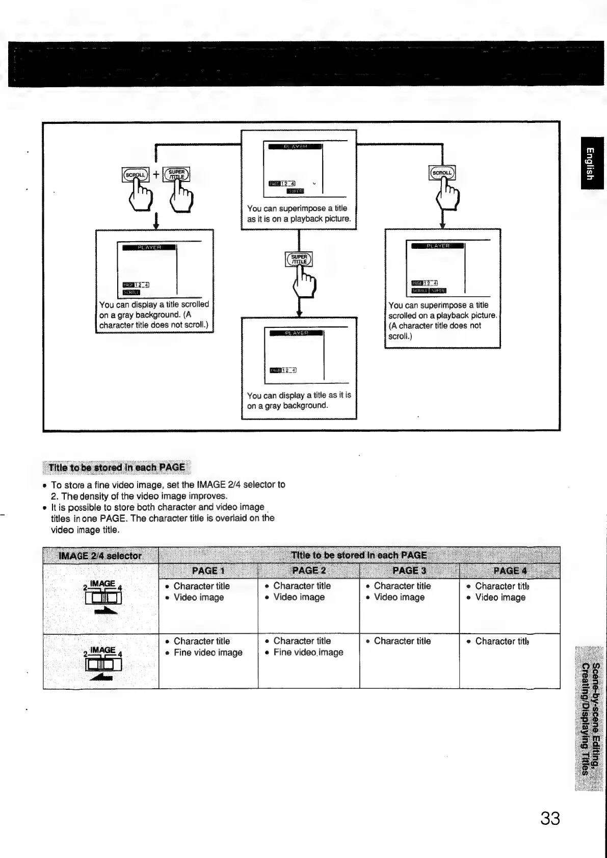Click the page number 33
(x=549, y=818)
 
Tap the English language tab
(x=590, y=163)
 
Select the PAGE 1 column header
(x=208, y=570)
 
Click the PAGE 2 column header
(x=309, y=570)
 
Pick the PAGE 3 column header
(x=409, y=570)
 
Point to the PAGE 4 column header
(x=510, y=570)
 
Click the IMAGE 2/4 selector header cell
(x=100, y=556)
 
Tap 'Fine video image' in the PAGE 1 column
(x=208, y=653)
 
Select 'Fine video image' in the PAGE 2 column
(x=308, y=653)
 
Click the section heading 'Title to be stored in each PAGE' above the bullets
(x=116, y=467)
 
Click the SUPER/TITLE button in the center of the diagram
(x=299, y=259)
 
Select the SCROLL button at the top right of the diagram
(x=442, y=173)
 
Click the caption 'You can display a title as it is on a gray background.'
(x=299, y=400)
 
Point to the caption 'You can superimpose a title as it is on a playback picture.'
(x=299, y=214)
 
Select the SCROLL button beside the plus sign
(x=135, y=174)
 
